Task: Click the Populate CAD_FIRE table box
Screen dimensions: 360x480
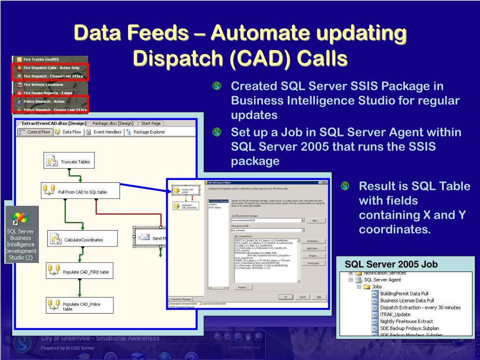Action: click(79, 271)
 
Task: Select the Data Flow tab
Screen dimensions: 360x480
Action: click(68, 132)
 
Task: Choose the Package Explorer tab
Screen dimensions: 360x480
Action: click(145, 132)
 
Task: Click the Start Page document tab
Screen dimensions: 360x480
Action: click(150, 123)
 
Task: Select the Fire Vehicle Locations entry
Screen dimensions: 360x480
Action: click(43, 85)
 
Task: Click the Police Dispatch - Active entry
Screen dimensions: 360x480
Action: click(44, 101)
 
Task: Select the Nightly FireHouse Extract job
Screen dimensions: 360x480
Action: click(406, 322)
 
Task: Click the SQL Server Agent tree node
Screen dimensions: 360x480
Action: click(382, 279)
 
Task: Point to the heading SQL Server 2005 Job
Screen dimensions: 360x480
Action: click(391, 264)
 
